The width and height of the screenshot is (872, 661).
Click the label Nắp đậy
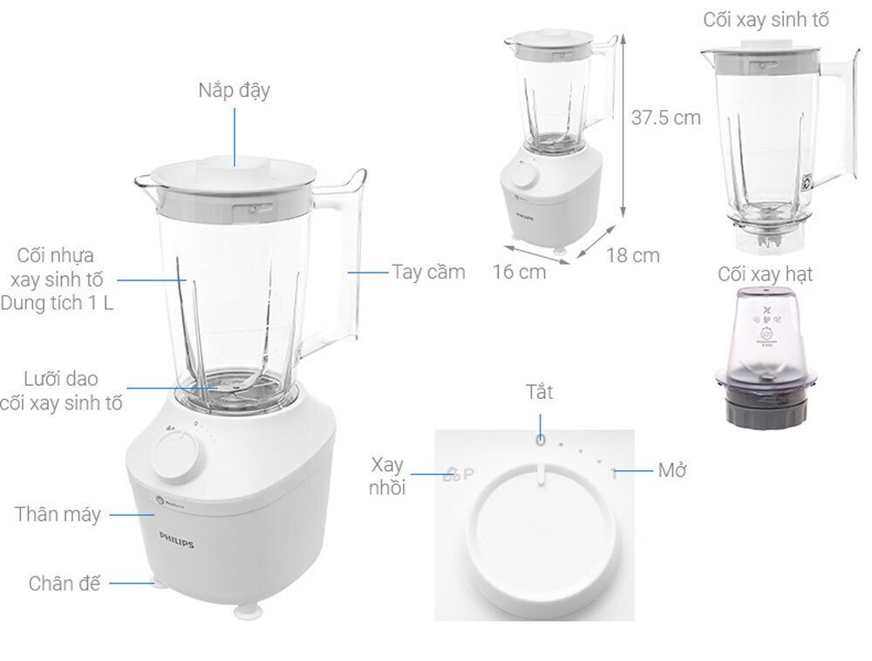(x=234, y=90)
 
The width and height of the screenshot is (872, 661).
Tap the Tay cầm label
(x=428, y=272)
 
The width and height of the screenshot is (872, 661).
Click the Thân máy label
(x=58, y=514)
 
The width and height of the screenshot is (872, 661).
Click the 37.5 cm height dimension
(x=665, y=118)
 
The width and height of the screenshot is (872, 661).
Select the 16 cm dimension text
(x=519, y=271)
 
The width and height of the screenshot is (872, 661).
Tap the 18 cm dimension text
(x=634, y=255)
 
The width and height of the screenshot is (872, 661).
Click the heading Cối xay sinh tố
(x=766, y=20)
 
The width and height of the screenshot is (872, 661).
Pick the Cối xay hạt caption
(x=765, y=275)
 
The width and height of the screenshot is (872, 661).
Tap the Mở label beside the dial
(x=673, y=471)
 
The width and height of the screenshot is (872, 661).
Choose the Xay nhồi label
(x=388, y=476)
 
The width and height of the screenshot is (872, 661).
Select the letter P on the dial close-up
(x=468, y=475)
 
